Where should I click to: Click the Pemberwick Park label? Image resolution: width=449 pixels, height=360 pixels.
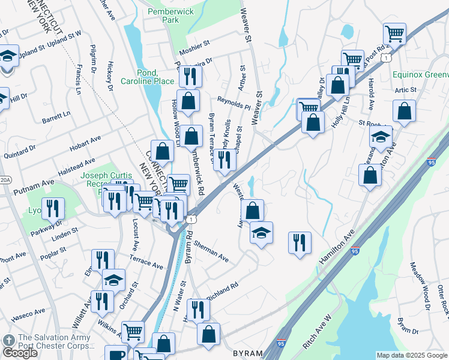point(162,15)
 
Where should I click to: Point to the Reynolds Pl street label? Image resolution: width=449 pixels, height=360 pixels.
point(234,103)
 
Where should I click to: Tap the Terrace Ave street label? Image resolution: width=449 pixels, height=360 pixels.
point(146,261)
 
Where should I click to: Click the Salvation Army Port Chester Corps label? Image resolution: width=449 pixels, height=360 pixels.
point(54,341)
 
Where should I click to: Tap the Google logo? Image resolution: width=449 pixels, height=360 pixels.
point(20,353)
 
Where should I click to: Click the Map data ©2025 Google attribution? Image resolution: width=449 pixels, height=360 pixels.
point(412,355)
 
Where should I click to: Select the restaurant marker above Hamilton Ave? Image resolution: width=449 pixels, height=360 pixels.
point(300,242)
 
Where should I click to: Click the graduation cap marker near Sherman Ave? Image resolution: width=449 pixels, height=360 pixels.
point(261,233)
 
